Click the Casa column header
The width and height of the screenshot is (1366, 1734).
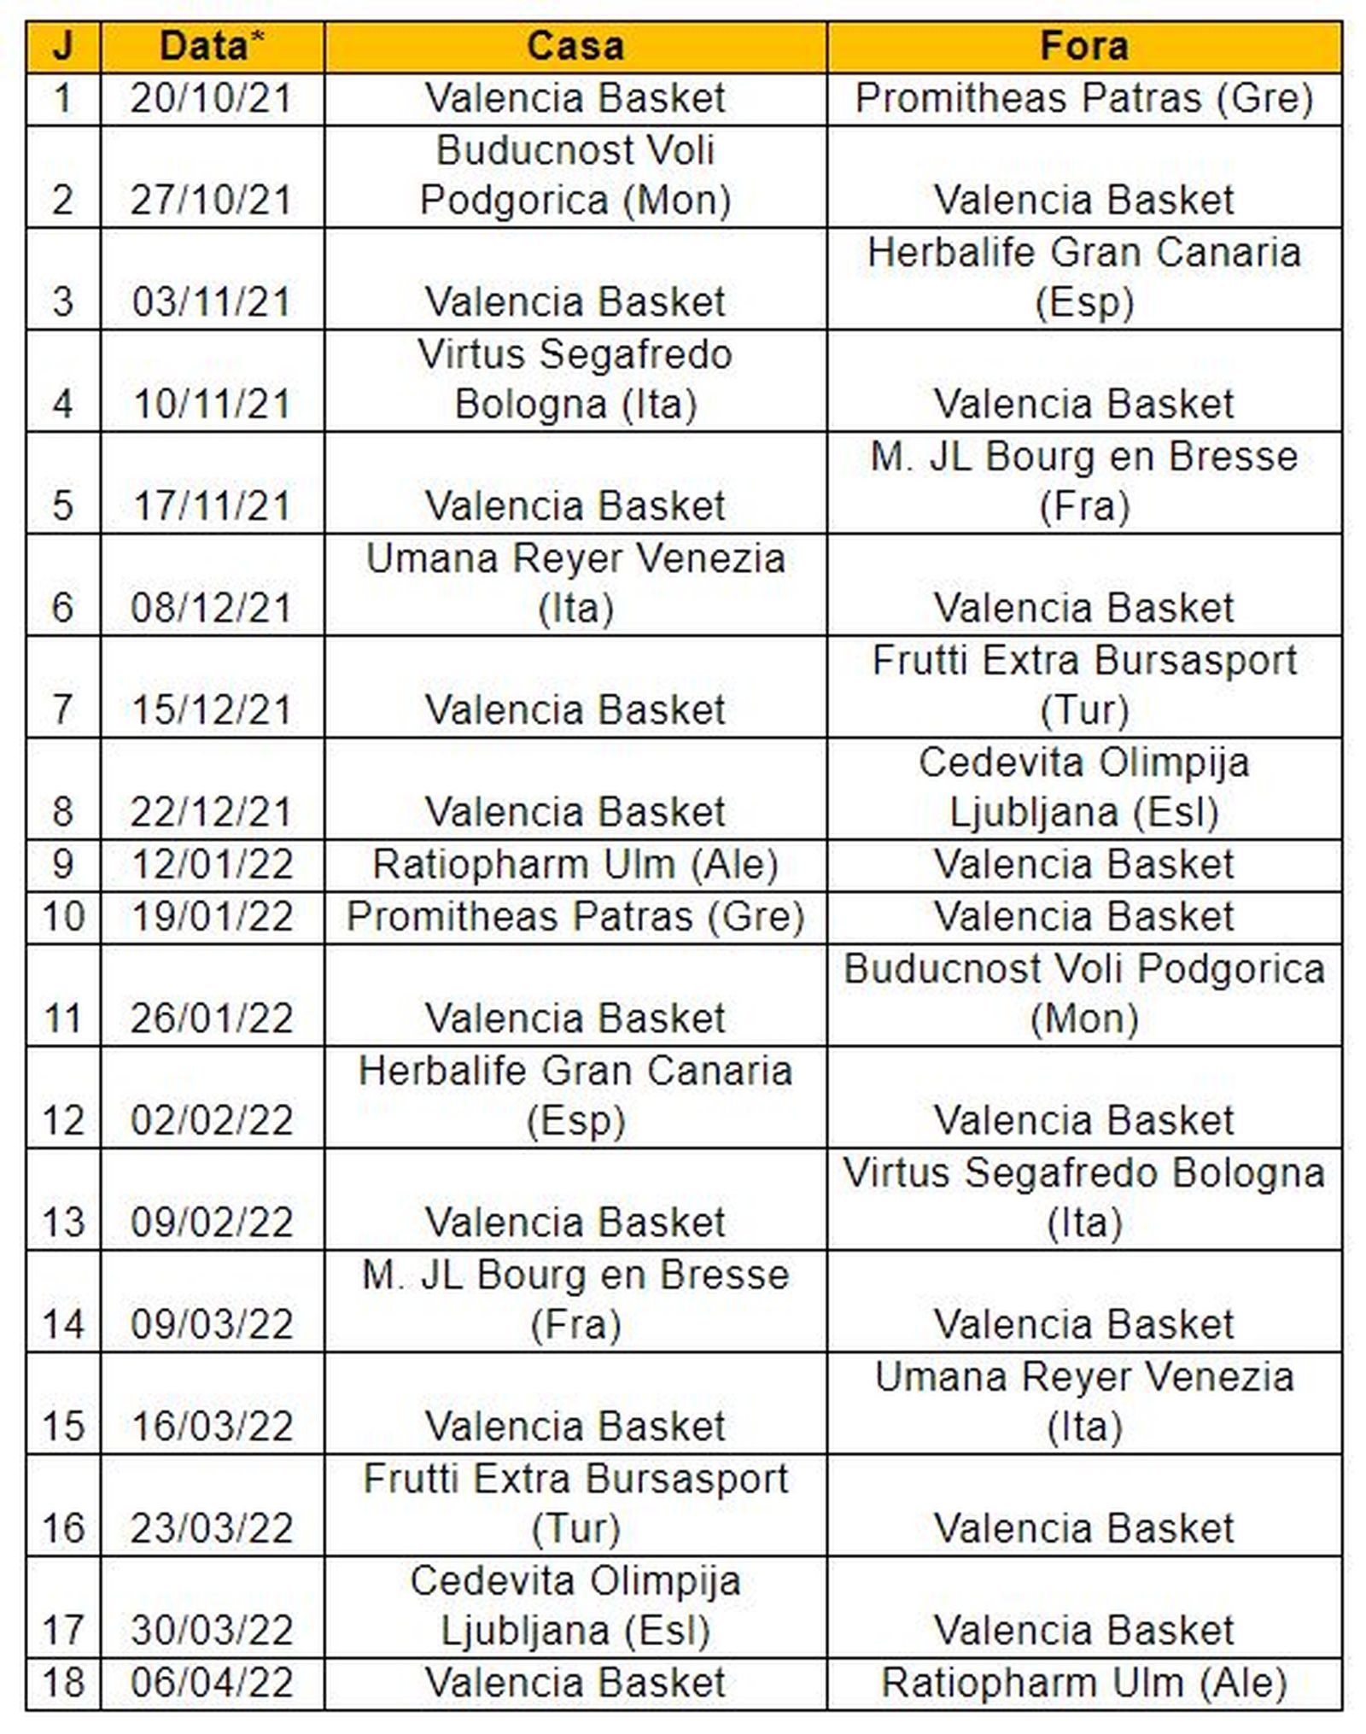(575, 46)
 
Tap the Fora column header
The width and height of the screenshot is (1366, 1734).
(1083, 46)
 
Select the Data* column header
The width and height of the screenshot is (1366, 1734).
(212, 46)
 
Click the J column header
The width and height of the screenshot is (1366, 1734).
(62, 46)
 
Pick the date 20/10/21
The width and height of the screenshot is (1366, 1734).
(212, 98)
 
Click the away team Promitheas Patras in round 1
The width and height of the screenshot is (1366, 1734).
(1083, 98)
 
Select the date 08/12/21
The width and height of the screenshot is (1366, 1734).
(212, 608)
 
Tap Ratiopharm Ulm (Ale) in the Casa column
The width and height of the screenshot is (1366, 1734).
(575, 864)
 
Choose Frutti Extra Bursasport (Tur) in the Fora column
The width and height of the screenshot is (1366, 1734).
(1083, 685)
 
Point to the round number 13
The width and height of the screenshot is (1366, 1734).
(62, 1222)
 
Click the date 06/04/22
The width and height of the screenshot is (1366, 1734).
(212, 1682)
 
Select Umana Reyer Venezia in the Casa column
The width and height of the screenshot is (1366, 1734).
(575, 583)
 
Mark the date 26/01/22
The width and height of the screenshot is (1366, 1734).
(212, 1018)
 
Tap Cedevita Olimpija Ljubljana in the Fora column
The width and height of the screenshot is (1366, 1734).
(1083, 786)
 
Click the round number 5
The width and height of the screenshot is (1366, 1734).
(62, 505)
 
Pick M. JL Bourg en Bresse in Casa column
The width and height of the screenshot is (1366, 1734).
(575, 1299)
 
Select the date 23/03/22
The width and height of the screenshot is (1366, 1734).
(212, 1527)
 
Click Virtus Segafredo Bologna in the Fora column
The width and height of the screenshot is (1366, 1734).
(1083, 1197)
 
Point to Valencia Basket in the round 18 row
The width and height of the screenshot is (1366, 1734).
(575, 1682)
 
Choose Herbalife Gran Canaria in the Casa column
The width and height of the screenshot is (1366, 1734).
(575, 1095)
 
